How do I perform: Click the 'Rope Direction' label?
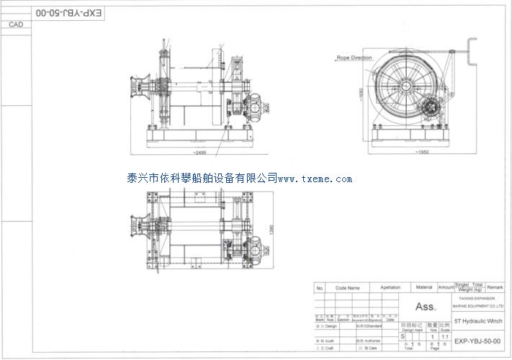tap(354, 58)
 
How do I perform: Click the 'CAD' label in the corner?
tap(16, 24)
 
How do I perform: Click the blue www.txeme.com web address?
tap(315, 179)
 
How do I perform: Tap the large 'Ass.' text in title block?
tap(426, 307)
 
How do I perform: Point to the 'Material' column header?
tap(425, 287)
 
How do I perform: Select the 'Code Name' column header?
tap(347, 287)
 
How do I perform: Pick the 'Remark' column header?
tap(495, 287)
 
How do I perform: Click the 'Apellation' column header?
tap(390, 287)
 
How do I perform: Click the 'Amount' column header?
tap(446, 287)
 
